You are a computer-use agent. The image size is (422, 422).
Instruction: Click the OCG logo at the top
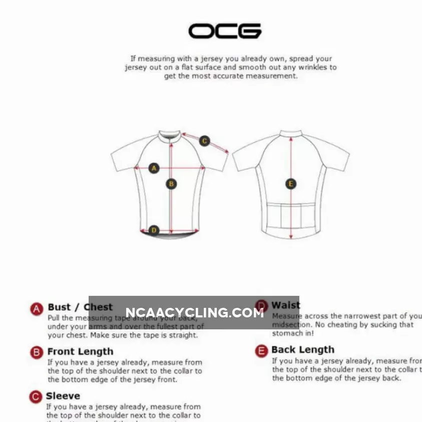[225, 31]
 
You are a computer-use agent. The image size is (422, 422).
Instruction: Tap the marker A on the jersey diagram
[154, 168]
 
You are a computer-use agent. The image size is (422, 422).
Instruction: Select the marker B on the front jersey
[171, 184]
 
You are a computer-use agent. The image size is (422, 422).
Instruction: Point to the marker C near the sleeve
[204, 141]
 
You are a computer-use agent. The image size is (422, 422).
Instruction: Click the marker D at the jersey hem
[154, 230]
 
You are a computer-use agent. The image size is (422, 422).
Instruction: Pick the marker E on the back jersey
[291, 184]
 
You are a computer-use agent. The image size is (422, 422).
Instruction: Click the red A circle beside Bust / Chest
[37, 309]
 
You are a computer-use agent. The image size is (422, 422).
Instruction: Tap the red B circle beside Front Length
[37, 352]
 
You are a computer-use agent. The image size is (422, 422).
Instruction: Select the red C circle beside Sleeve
[36, 397]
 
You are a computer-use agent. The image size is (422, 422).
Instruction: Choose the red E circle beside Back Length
[261, 351]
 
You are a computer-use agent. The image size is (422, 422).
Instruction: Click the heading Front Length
[80, 351]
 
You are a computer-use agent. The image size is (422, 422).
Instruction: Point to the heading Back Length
[302, 349]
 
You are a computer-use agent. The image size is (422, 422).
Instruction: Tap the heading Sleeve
[63, 396]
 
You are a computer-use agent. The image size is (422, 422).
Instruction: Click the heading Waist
[286, 305]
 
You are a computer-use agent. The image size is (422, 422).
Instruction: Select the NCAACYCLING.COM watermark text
[194, 313]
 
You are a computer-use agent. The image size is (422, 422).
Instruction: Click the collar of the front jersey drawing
[170, 135]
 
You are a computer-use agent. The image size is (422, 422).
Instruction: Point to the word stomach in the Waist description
[287, 333]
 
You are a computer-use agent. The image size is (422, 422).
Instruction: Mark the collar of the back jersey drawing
[291, 134]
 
